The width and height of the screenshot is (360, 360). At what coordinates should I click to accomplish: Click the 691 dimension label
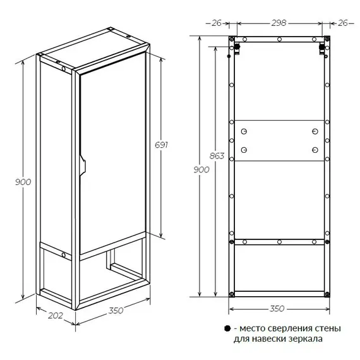click(x=161, y=145)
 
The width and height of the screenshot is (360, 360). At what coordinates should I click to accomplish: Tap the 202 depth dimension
click(x=56, y=315)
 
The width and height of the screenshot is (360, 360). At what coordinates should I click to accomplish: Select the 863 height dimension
click(x=217, y=156)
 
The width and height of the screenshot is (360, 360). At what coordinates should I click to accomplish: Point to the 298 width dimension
click(x=279, y=23)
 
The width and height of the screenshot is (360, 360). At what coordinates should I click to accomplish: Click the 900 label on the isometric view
click(x=23, y=182)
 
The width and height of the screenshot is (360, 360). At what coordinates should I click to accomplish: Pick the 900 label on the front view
click(x=201, y=170)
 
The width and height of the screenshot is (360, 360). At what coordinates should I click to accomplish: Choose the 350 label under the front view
click(x=277, y=309)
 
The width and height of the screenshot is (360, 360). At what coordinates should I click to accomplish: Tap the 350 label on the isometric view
click(x=116, y=310)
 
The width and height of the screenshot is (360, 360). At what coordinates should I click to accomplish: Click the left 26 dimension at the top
click(x=216, y=23)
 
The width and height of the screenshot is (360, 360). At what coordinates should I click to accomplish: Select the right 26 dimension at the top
click(x=343, y=23)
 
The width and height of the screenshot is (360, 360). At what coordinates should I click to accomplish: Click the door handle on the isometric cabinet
click(x=83, y=165)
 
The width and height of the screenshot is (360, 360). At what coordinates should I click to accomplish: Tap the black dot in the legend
click(x=227, y=328)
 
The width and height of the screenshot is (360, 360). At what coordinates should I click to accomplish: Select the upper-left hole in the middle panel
click(x=244, y=131)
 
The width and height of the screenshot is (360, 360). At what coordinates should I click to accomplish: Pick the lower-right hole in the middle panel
click(x=315, y=150)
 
